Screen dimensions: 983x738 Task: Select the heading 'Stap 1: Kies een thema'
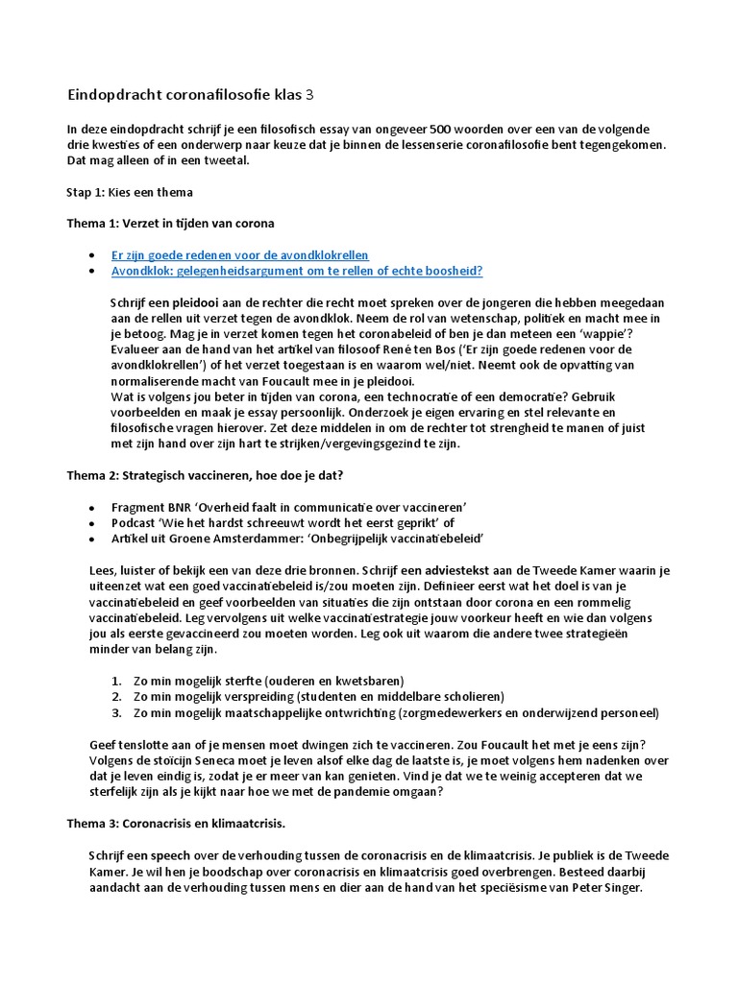(x=129, y=192)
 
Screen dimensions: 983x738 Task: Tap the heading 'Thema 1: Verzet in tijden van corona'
(x=170, y=224)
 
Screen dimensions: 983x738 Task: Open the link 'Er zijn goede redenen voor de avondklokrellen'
(x=239, y=255)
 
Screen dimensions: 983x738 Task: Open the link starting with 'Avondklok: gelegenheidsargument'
(x=297, y=271)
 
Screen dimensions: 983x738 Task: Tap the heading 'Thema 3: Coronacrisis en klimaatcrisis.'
(x=176, y=824)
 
